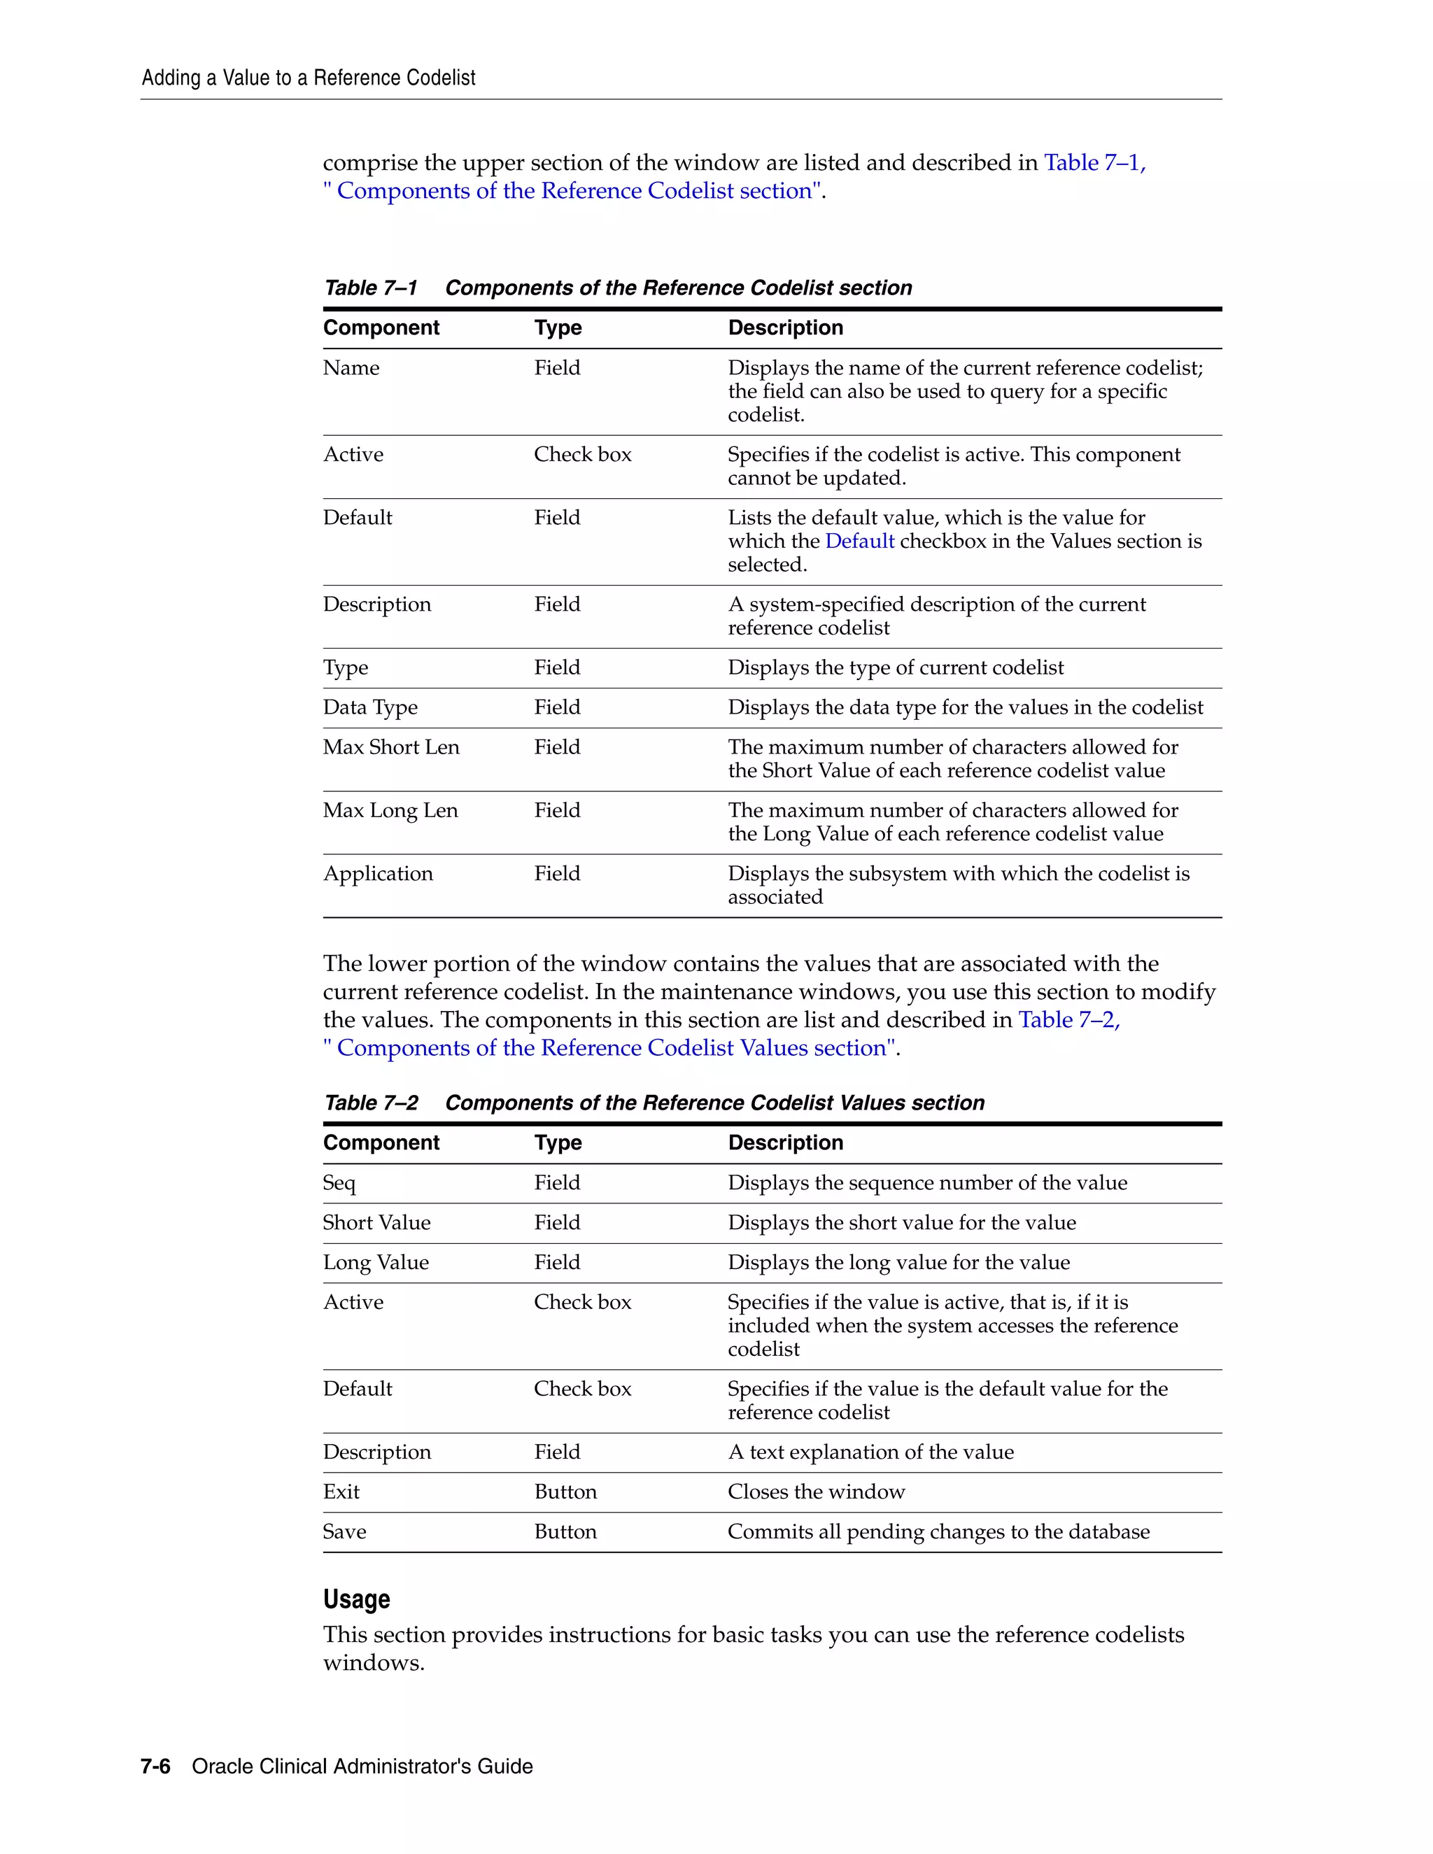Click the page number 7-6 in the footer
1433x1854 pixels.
click(155, 1766)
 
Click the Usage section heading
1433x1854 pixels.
click(357, 1599)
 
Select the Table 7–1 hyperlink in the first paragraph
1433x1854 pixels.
click(1094, 162)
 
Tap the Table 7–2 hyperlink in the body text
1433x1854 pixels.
click(1069, 1019)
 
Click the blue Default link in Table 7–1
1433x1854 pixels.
click(859, 542)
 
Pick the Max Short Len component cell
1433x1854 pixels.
click(390, 747)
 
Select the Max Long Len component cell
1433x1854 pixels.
click(390, 811)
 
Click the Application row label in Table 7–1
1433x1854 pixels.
click(378, 874)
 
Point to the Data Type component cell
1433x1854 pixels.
click(370, 707)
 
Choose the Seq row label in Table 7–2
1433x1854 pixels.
click(339, 1183)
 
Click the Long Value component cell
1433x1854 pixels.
click(375, 1262)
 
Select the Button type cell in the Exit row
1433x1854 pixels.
click(565, 1492)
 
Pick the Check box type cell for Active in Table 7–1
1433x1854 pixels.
click(582, 454)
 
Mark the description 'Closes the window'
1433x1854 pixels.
click(816, 1492)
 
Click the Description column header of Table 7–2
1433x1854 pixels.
click(785, 1142)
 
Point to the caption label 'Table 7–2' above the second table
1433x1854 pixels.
click(371, 1103)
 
